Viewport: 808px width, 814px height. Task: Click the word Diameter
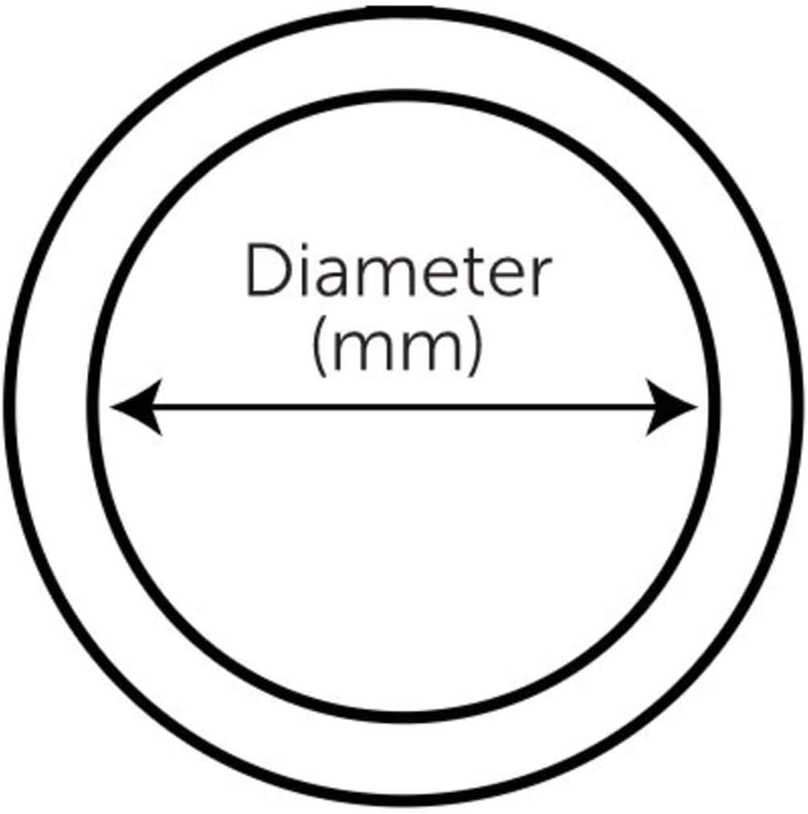click(x=399, y=274)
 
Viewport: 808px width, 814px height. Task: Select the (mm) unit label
click(x=398, y=349)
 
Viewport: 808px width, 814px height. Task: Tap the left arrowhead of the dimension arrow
click(x=133, y=407)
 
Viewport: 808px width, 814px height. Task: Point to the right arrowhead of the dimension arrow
click(x=676, y=407)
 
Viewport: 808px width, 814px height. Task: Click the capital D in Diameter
click(x=267, y=274)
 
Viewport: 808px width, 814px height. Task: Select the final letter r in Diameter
click(x=539, y=280)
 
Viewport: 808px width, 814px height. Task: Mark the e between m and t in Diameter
click(x=435, y=280)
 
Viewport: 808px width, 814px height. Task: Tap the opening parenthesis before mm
click(x=319, y=350)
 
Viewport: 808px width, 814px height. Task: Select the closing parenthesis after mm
click(x=476, y=350)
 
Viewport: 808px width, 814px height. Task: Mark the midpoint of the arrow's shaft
click(x=404, y=407)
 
